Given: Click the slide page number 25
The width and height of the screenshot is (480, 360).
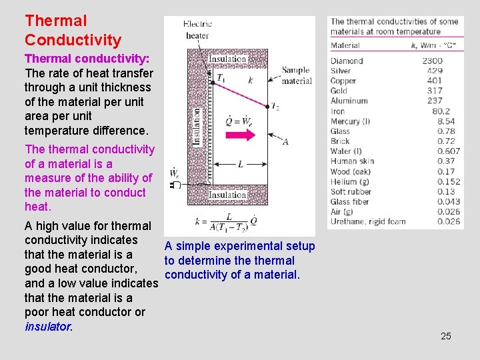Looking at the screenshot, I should [x=445, y=336].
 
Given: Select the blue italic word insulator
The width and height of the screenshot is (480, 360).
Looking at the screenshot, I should [x=47, y=327].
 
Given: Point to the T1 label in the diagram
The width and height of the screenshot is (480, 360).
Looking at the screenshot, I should [x=221, y=79].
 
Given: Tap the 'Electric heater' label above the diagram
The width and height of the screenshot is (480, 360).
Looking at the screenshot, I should [x=198, y=29].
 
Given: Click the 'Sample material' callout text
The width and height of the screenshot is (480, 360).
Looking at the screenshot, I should [x=296, y=75].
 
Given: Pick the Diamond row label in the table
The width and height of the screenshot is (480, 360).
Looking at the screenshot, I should [x=347, y=61].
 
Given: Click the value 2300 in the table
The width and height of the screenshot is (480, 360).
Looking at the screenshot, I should [x=431, y=61].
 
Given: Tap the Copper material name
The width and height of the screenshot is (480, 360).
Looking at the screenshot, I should [x=343, y=81].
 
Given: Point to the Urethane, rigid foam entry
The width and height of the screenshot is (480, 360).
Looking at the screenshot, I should [x=367, y=221].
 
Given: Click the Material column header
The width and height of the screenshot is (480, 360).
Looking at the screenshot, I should [x=345, y=45].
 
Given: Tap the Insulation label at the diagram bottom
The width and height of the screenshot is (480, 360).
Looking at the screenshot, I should [x=227, y=195].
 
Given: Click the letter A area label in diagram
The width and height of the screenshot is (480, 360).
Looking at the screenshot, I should [x=285, y=142].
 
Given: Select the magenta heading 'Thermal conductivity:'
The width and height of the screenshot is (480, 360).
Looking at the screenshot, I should [x=87, y=59].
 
